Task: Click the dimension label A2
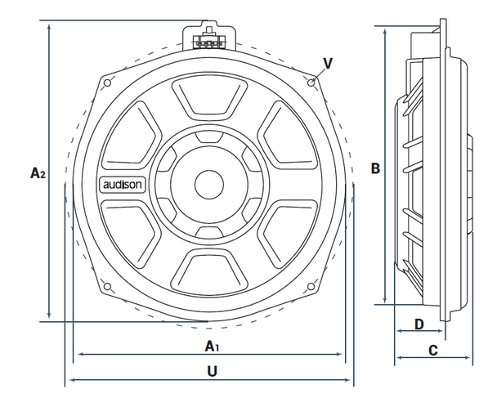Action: [x=37, y=172]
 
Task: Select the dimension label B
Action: [x=375, y=168]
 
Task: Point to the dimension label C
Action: [x=433, y=350]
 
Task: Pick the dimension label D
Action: [x=419, y=324]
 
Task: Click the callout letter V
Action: [x=328, y=63]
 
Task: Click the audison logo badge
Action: [x=123, y=185]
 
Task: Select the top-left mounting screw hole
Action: [x=107, y=82]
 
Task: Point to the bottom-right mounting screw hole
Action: [x=311, y=286]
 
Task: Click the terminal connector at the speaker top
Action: [x=208, y=38]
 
